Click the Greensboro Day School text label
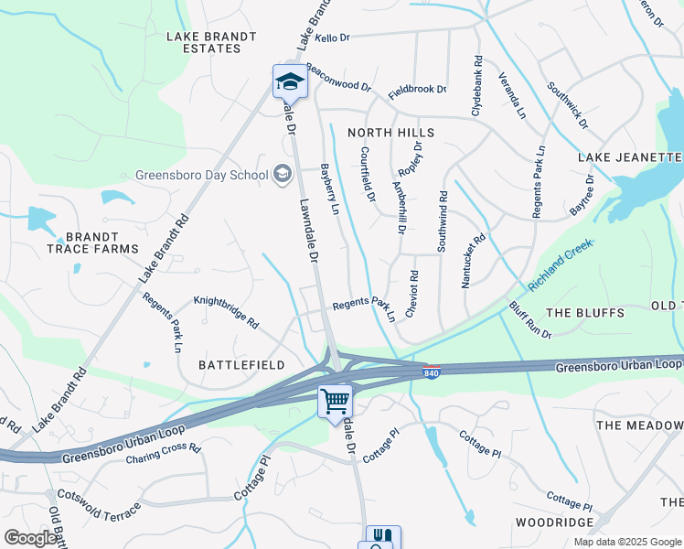click(201, 176)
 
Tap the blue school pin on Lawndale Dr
click(290, 82)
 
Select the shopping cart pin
click(335, 401)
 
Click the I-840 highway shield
click(431, 372)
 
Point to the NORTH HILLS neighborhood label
click(391, 133)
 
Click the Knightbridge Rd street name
click(226, 312)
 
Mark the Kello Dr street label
click(333, 38)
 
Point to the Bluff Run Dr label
click(530, 320)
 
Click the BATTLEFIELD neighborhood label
click(242, 365)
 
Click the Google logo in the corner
click(31, 538)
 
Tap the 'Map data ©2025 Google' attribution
click(627, 542)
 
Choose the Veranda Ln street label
click(511, 96)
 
